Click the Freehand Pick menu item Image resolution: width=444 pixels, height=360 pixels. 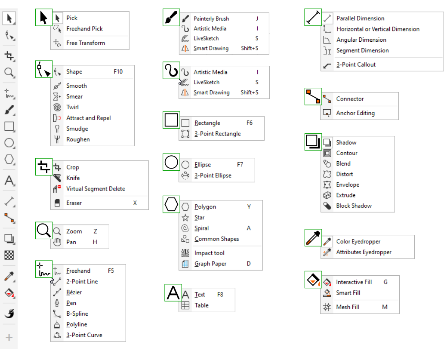click(84, 29)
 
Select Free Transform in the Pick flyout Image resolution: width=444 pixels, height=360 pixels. click(85, 43)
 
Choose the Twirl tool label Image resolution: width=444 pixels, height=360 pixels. click(72, 108)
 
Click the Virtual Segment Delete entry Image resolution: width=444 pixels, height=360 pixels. click(96, 189)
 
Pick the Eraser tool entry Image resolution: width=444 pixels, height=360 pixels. click(74, 203)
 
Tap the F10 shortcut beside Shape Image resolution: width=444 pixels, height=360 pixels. click(118, 72)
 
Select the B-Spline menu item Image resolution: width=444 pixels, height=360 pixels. click(77, 314)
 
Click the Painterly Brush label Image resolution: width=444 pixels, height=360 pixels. click(211, 19)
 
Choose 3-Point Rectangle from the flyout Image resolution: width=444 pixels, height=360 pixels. click(217, 134)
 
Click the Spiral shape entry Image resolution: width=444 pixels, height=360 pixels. click(201, 228)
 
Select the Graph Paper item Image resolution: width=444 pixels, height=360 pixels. click(210, 264)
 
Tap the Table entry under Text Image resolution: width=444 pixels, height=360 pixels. click(201, 305)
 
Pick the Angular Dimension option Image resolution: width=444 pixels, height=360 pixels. click(361, 40)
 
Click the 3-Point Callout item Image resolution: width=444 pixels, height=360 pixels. click(356, 65)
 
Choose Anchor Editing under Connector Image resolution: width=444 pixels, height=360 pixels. click(355, 113)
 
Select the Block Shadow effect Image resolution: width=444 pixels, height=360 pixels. click(354, 206)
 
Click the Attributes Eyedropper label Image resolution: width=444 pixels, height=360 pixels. click(364, 252)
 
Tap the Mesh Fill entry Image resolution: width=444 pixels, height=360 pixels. click(347, 307)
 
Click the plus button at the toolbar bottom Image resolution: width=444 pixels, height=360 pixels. click(9, 338)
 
